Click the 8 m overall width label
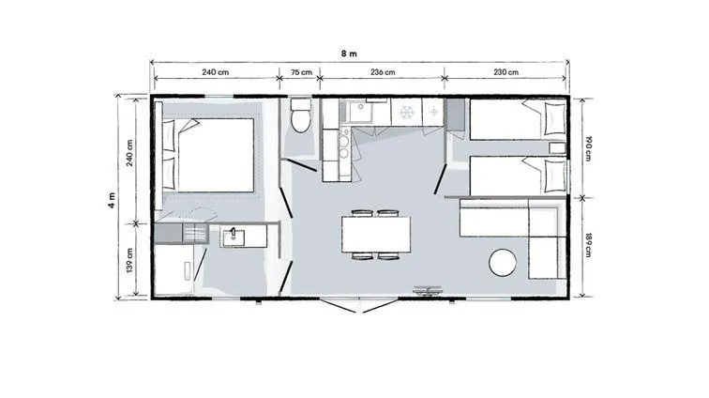(x=349, y=54)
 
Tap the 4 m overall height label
(x=112, y=200)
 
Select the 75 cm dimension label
(x=301, y=72)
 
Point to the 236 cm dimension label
(x=383, y=72)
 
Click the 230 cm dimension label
(x=506, y=72)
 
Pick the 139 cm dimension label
(x=129, y=260)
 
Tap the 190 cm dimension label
(x=588, y=148)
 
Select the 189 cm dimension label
(x=588, y=245)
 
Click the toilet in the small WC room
(x=301, y=115)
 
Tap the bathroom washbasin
(x=234, y=237)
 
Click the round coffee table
(x=503, y=262)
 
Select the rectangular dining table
(x=376, y=235)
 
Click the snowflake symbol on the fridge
(x=407, y=112)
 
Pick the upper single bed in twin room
(x=519, y=119)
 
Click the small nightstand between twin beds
(x=557, y=148)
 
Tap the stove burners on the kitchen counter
(x=343, y=147)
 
